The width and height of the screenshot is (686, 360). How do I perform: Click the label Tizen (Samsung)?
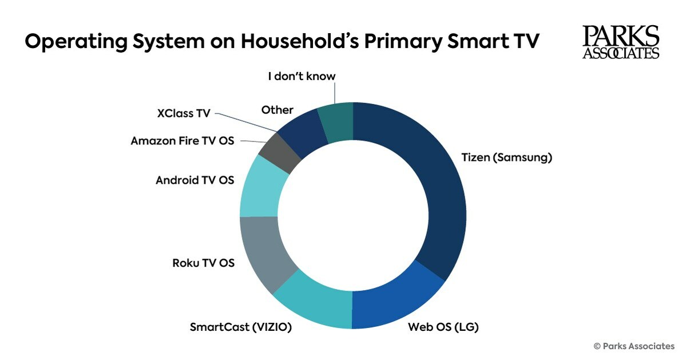point(506,158)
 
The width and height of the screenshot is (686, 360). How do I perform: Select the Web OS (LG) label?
point(443,327)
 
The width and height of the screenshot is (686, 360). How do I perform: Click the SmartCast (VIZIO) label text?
point(241,327)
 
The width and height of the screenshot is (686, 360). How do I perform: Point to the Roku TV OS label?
point(203,263)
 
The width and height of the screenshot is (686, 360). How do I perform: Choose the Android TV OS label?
point(195,180)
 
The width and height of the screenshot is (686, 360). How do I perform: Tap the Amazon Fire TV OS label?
point(182,141)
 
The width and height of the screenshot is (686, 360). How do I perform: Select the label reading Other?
point(277,109)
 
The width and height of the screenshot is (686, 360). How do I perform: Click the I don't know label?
point(302,76)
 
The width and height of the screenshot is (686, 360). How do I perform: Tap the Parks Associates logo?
point(621,42)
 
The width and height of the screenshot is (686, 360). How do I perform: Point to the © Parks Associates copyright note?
point(634,346)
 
